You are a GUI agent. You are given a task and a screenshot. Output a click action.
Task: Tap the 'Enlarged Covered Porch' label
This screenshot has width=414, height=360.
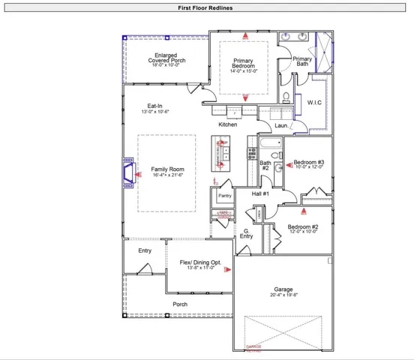tap(166, 58)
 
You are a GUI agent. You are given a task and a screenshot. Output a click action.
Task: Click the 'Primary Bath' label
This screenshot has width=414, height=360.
tap(301, 61)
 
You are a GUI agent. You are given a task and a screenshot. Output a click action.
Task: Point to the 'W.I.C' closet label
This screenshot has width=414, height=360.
tap(314, 102)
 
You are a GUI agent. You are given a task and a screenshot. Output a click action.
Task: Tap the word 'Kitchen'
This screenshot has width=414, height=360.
tap(228, 124)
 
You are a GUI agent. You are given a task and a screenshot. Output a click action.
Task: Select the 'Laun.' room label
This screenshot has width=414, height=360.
tap(282, 126)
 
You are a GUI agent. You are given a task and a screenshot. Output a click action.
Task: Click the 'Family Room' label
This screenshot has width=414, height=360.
tap(167, 169)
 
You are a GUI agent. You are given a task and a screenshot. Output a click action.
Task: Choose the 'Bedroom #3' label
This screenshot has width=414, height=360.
tap(308, 163)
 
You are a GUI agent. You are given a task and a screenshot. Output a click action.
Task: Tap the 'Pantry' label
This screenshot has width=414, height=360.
tap(225, 196)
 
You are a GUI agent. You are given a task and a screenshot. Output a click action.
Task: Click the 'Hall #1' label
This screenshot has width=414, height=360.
tap(260, 193)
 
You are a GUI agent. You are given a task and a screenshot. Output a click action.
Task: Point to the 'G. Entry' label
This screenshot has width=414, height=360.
tap(246, 234)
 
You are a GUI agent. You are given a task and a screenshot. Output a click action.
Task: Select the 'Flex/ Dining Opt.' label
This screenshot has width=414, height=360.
tap(200, 262)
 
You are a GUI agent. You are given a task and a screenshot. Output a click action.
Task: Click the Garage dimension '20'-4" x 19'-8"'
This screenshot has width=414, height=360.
tap(283, 295)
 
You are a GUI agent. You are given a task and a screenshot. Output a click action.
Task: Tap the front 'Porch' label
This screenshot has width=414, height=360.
tap(180, 304)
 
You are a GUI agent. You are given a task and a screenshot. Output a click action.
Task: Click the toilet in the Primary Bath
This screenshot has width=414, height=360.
tap(287, 96)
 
